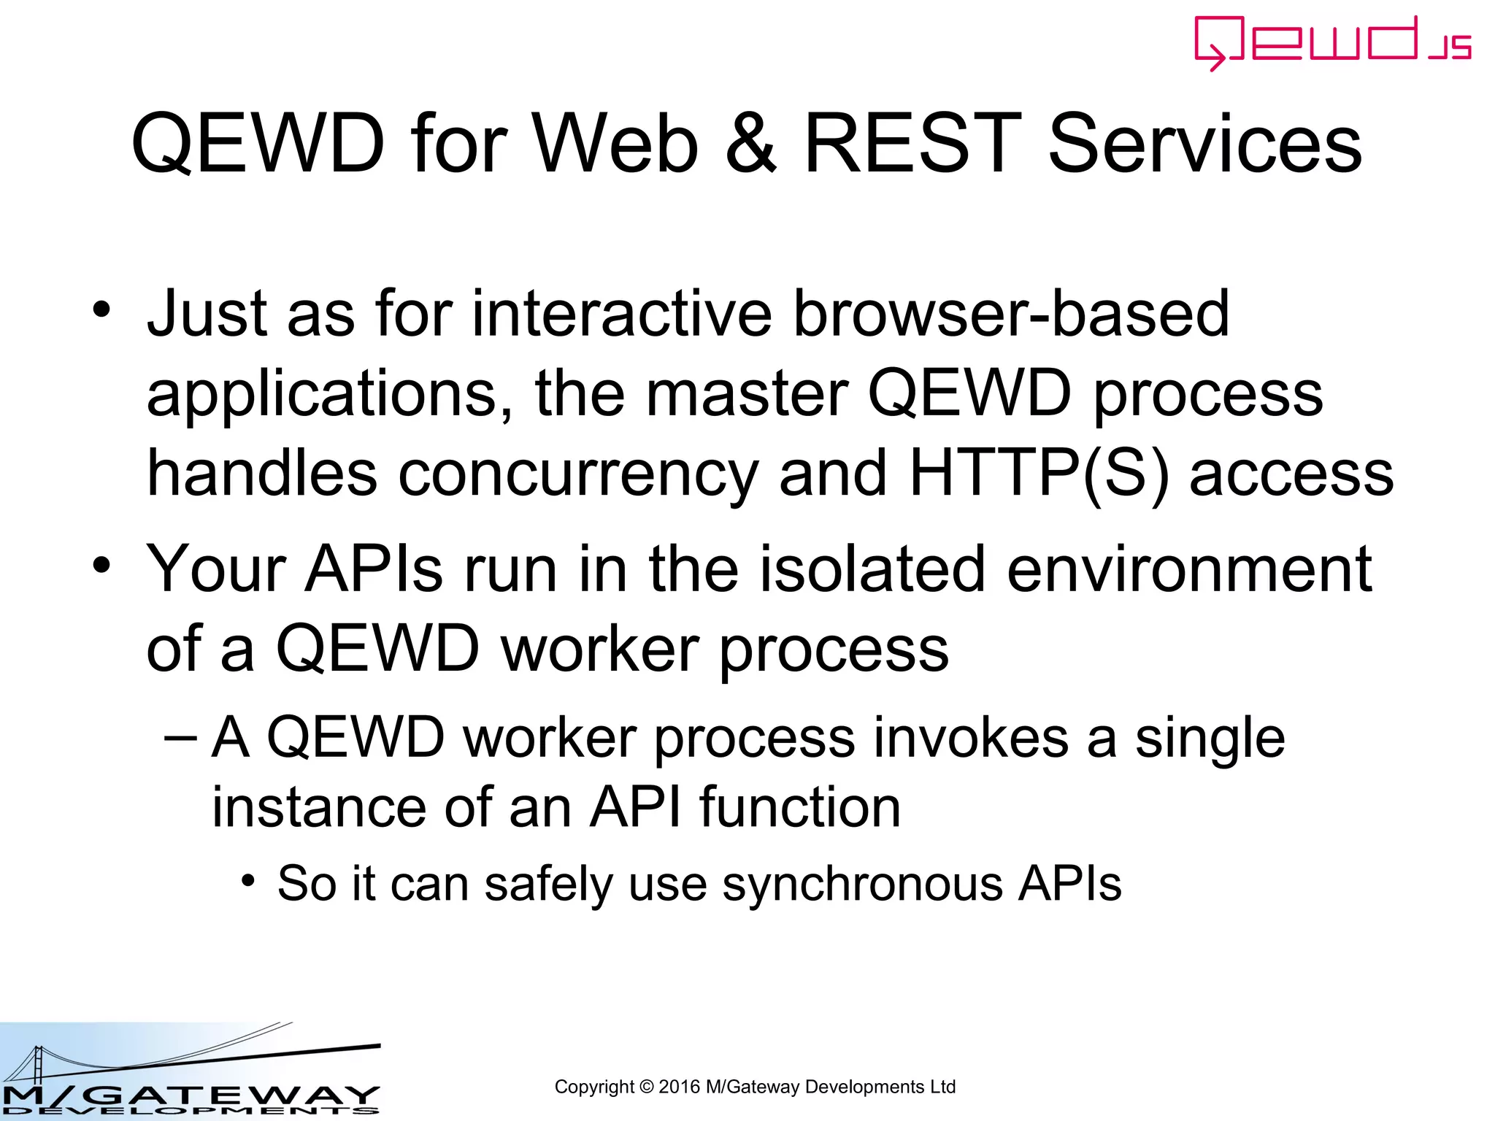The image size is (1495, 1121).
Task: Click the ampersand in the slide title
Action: tap(751, 144)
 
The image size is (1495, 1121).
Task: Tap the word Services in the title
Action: tap(1204, 144)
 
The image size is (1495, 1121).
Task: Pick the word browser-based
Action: tap(1011, 314)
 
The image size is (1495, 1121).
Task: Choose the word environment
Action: tap(1189, 569)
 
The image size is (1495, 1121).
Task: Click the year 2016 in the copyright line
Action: tap(678, 1087)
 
